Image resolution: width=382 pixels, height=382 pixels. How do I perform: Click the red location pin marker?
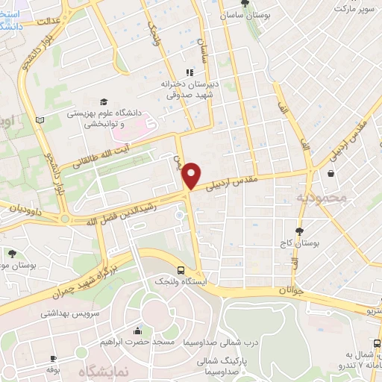pos(192,175)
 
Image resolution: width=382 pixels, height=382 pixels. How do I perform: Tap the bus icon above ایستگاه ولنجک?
pos(181,271)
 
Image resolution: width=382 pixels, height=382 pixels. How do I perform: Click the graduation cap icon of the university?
pos(104,101)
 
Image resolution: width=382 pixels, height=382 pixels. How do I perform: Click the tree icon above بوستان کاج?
pos(300,231)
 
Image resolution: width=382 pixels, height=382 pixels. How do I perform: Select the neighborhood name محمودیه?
pos(322,198)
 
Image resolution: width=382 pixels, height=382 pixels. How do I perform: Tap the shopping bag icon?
pos(330,174)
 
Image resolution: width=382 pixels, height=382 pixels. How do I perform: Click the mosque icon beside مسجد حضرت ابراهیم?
pos(137,331)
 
